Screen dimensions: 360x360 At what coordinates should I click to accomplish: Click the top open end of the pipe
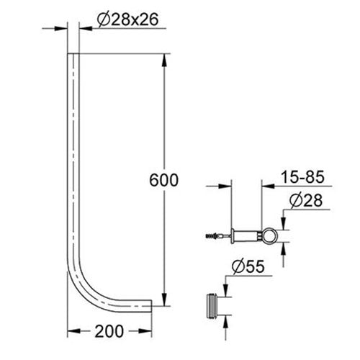(73, 55)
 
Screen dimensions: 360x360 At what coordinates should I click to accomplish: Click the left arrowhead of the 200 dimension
(73, 333)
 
